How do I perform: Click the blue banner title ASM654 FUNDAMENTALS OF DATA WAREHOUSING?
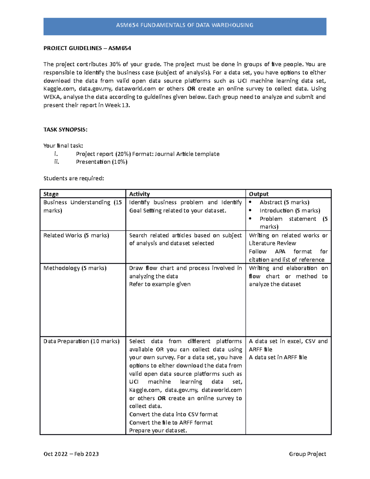tap(185, 25)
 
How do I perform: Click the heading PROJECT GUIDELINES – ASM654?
tap(87, 48)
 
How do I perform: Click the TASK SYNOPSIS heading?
tap(65, 130)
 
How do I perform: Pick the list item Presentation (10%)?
tap(101, 162)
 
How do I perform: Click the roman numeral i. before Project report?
tap(56, 154)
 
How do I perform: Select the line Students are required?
tap(74, 178)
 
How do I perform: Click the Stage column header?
tap(51, 194)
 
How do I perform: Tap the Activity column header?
tap(139, 194)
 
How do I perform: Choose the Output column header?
tap(259, 194)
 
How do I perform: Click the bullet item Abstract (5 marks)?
tap(284, 202)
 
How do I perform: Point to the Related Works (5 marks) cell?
tap(76, 235)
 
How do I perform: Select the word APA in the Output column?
tap(280, 252)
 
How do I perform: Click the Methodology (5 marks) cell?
tap(75, 268)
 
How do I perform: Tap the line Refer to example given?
tap(160, 284)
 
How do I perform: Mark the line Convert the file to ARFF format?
tap(171, 423)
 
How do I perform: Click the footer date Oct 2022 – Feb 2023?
tap(71, 454)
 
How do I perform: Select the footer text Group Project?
tap(307, 454)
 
